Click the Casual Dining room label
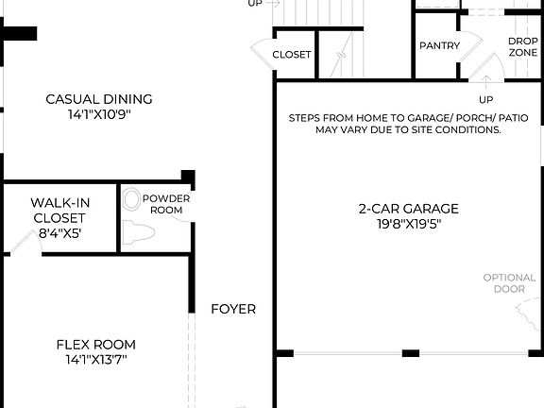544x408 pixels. tap(99, 99)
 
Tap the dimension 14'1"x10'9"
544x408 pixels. tap(99, 114)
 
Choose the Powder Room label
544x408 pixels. tap(166, 204)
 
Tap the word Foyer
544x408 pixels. tap(233, 309)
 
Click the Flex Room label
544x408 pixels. tap(95, 344)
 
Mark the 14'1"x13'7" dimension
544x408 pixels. tap(95, 360)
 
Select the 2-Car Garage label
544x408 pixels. tap(408, 209)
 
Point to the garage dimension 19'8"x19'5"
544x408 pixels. tap(408, 225)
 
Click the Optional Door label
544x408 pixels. tap(510, 283)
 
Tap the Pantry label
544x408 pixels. tap(439, 45)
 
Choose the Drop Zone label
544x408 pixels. tap(523, 47)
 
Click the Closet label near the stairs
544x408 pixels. tap(292, 55)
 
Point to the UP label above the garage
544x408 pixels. tap(486, 99)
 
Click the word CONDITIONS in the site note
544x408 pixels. tap(469, 130)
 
